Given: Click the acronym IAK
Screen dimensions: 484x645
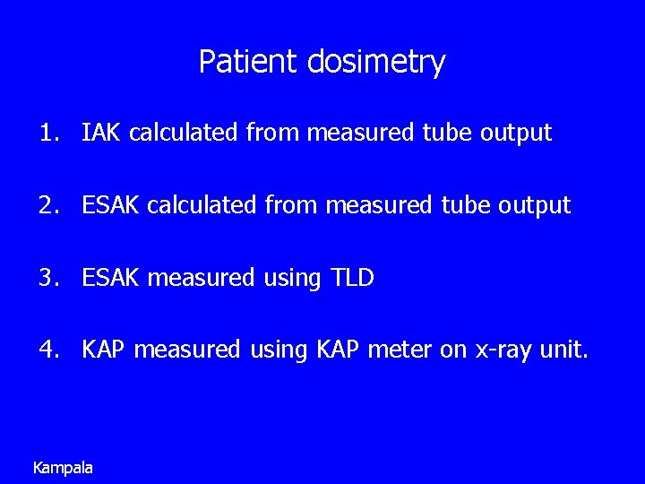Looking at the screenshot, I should click(x=102, y=134).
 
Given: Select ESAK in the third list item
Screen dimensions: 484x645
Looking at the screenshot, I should click(x=111, y=279).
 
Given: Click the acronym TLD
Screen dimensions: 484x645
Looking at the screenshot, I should click(x=352, y=279).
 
